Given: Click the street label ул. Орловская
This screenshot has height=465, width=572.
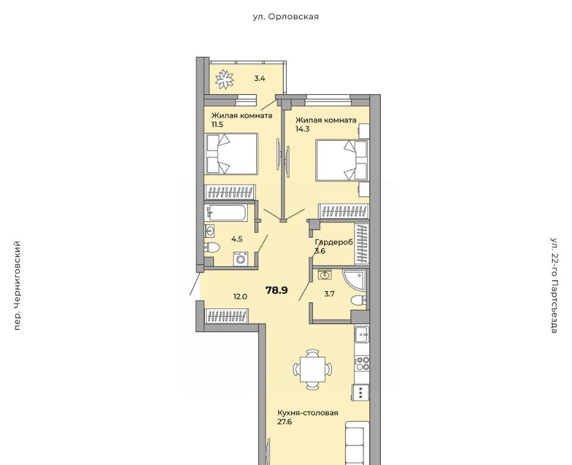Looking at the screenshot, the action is [x=285, y=17].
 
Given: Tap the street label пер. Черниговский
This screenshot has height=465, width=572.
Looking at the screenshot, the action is [x=17, y=286].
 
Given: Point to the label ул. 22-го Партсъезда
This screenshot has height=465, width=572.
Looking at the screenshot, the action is [x=554, y=286].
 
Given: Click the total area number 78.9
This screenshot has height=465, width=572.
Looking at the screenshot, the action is [x=277, y=290].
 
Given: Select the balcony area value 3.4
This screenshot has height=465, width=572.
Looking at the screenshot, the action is [x=259, y=78].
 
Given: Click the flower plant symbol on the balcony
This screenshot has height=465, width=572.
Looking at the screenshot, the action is [x=225, y=79].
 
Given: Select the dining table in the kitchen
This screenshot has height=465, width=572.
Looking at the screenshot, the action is [x=313, y=370].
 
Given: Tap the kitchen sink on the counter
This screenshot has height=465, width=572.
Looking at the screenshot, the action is [x=362, y=334].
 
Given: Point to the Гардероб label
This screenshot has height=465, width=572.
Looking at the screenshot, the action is [x=334, y=242].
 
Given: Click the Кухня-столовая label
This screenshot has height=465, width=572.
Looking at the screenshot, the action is [x=308, y=413].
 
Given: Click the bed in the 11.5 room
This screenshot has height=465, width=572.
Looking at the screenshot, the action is [x=232, y=154].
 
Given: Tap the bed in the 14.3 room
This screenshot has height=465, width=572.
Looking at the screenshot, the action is [x=341, y=160].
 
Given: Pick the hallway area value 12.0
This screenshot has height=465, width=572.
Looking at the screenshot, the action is [x=240, y=297].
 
